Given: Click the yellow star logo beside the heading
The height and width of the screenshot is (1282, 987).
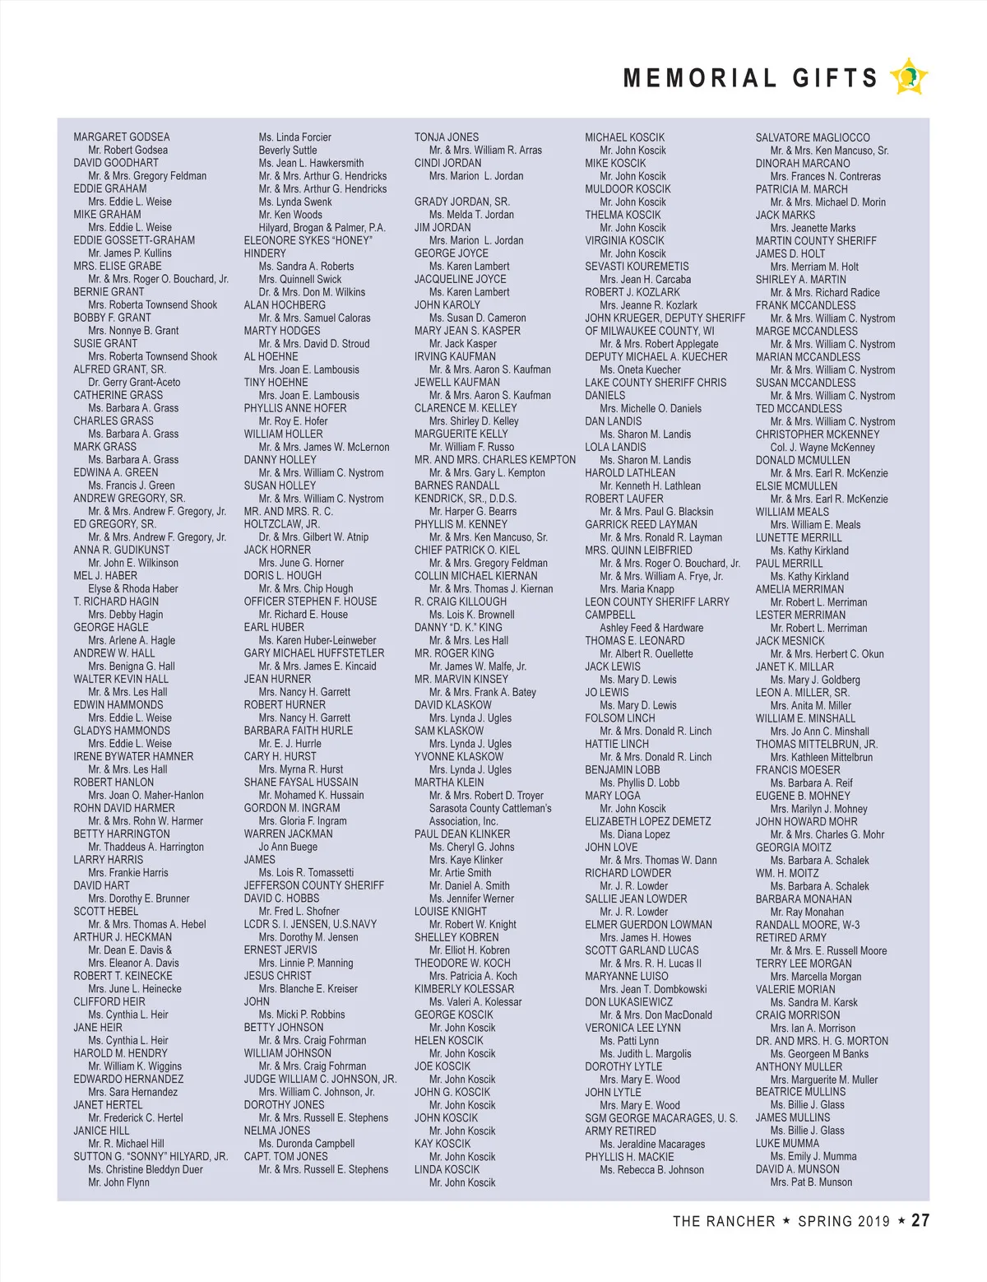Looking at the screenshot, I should click(x=909, y=77).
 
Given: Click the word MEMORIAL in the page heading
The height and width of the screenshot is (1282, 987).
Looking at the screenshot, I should click(x=699, y=78).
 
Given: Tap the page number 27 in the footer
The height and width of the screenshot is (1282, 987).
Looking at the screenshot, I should click(x=920, y=1220).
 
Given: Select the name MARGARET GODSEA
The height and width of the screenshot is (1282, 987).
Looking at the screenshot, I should click(x=122, y=137).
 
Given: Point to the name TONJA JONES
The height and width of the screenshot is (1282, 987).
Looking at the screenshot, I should click(x=446, y=137).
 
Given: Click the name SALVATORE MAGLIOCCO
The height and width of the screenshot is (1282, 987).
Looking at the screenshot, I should click(x=812, y=137).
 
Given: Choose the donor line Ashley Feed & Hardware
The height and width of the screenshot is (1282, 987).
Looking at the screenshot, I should click(x=651, y=628).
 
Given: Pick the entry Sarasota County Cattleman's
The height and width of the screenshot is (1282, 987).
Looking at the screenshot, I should click(x=490, y=808).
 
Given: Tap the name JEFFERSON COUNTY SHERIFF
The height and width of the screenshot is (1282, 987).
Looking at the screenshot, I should click(x=313, y=885).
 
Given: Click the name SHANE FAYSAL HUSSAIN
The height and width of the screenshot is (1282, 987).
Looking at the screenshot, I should click(x=300, y=783).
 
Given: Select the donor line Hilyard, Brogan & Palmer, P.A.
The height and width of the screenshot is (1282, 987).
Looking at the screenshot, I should click(x=322, y=227).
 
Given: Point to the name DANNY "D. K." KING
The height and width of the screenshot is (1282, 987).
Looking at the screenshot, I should click(x=457, y=628).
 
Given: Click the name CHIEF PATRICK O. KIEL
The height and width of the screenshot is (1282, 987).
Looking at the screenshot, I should click(x=466, y=550).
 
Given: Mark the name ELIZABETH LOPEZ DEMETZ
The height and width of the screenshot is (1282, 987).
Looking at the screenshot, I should click(x=647, y=821).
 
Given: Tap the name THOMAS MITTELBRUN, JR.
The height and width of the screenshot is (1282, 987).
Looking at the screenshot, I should click(x=816, y=744).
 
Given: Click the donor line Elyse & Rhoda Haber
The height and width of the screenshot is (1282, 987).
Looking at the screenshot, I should click(x=133, y=589).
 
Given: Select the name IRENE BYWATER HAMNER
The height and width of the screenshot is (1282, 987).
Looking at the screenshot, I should click(x=133, y=757).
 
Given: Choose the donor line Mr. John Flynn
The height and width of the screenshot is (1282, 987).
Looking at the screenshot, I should click(x=118, y=1182).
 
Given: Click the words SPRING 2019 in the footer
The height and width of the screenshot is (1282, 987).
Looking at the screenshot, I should click(x=844, y=1221).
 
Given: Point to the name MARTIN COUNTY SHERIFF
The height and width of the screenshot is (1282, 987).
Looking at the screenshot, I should click(x=816, y=241).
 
